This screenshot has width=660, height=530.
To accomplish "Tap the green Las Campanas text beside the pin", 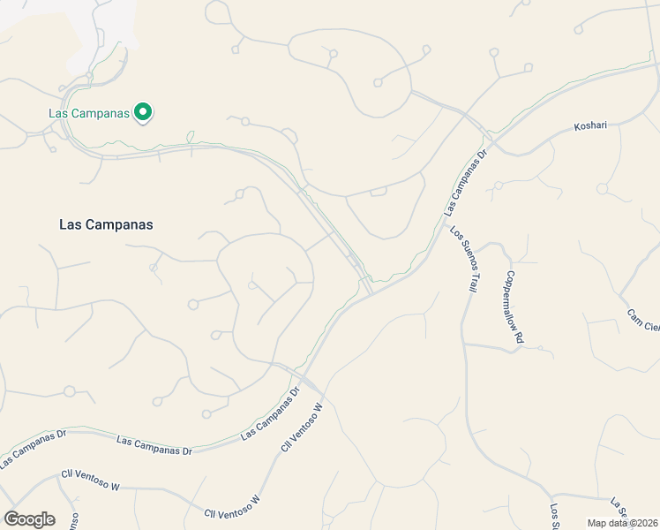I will (88, 113).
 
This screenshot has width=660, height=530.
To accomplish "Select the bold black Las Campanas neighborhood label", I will (106, 224).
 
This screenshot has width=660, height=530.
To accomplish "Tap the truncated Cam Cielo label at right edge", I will (643, 322).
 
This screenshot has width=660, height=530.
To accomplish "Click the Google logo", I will (29, 519).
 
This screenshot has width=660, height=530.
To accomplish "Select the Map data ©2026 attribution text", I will (623, 522).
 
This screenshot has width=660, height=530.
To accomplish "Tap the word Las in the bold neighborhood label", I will (71, 224).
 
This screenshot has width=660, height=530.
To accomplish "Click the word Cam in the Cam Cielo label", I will (634, 315).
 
